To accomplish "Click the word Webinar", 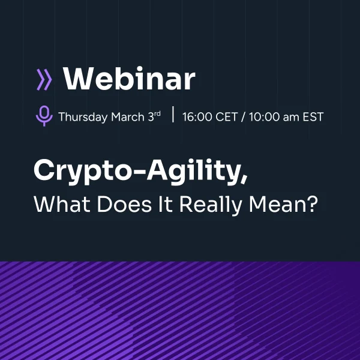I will pos(129,80).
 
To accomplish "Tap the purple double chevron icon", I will pos(44,80).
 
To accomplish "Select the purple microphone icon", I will pos(44,116).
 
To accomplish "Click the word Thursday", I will pos(83,117).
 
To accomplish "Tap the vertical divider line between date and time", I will pos(173,116).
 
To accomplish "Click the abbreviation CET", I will pos(227,117).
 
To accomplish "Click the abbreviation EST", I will pos(313,117).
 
